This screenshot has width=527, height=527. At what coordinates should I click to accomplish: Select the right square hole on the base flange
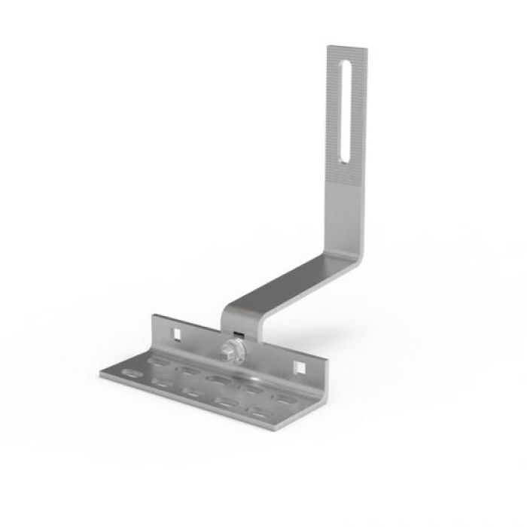[300, 367]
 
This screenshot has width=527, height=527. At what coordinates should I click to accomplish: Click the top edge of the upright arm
[346, 47]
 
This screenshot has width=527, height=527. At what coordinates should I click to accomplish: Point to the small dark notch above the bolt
[238, 332]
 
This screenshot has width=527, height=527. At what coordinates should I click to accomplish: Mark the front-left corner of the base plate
[99, 373]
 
